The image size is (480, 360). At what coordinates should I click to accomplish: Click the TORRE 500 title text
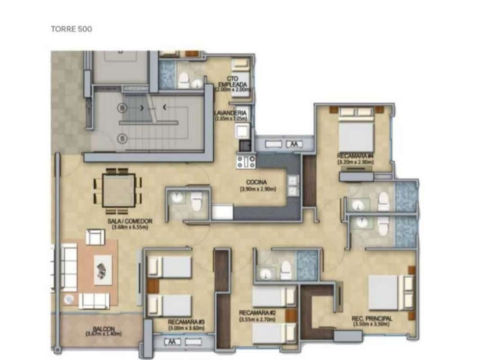pos(72,29)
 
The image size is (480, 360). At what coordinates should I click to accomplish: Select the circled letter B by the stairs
pos(121,108)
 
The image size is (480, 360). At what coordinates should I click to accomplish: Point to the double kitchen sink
pos(293,186)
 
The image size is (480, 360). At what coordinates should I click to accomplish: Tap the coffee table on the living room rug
pos(103,270)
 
